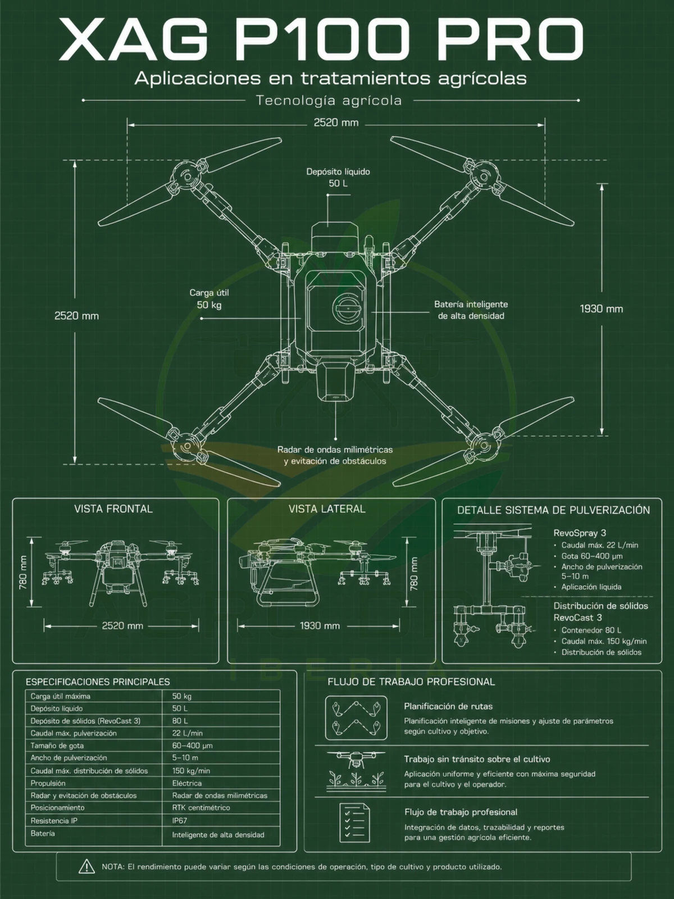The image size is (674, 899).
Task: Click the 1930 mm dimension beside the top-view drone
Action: click(x=601, y=309)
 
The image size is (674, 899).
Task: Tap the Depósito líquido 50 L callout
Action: click(x=338, y=178)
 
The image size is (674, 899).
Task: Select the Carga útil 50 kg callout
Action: click(x=209, y=298)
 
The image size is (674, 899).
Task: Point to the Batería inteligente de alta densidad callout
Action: click(x=471, y=310)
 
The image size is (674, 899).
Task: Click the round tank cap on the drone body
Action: click(x=346, y=307)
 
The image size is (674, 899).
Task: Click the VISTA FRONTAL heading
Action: click(x=113, y=508)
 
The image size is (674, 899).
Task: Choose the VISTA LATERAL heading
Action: click(x=327, y=508)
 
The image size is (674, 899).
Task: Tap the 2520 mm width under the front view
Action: click(x=122, y=625)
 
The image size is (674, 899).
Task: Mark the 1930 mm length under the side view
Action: click(x=320, y=625)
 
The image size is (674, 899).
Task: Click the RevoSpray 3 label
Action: click(x=580, y=533)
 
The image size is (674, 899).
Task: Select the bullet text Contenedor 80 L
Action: click(x=591, y=630)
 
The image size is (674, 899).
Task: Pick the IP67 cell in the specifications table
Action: click(x=180, y=820)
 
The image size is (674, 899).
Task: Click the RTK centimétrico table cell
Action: click(x=201, y=807)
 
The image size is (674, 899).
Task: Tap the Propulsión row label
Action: click(x=48, y=783)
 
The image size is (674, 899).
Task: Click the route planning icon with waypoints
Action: click(x=356, y=718)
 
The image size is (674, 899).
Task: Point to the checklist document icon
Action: click(x=354, y=823)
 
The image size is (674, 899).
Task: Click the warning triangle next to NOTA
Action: click(x=86, y=866)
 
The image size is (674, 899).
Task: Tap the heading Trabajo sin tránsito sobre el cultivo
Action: click(x=477, y=759)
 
